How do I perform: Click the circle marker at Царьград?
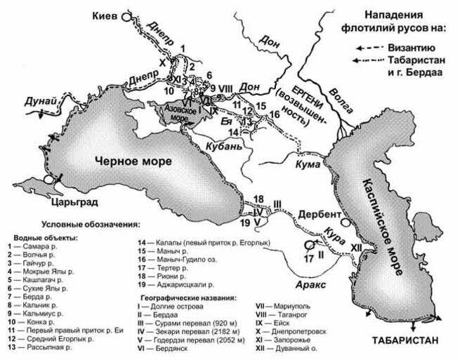click(48, 180)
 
